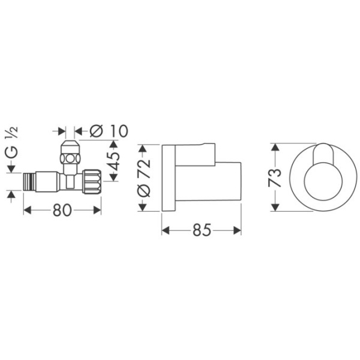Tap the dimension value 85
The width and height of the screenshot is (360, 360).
tap(202, 230)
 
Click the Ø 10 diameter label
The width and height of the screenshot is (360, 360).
tap(107, 130)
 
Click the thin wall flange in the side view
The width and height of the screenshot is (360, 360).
tap(169, 178)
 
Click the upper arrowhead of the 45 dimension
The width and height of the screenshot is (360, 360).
tap(113, 144)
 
